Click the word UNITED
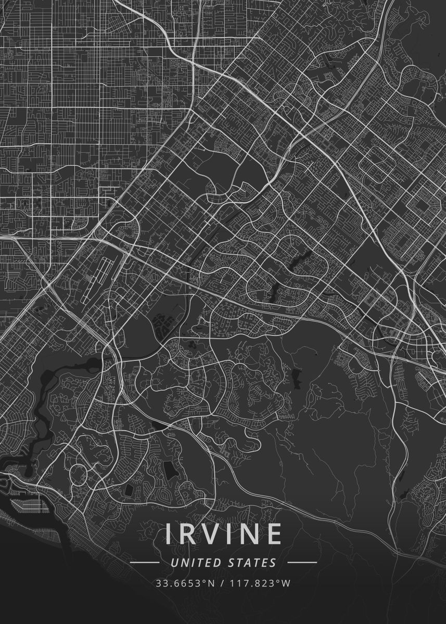tap(197, 563)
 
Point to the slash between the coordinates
tap(222, 583)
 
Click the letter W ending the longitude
tap(286, 583)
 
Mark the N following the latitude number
tap(210, 583)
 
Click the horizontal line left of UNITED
tap(144, 563)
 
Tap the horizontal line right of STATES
tap(302, 563)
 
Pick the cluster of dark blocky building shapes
tap(165, 326)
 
